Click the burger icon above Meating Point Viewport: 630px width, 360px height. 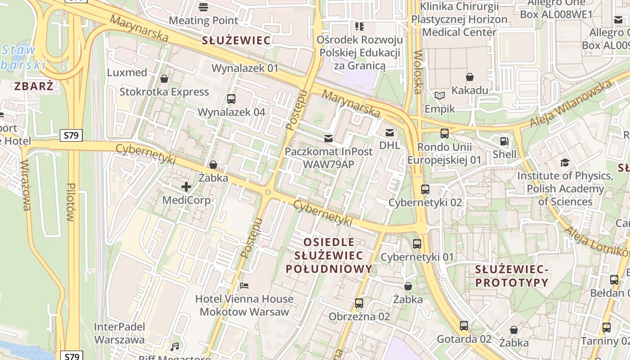[x=203, y=7]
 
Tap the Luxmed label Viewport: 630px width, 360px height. [x=127, y=72]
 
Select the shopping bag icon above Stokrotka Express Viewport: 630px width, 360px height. [x=164, y=79]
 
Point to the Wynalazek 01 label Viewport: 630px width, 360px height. [x=245, y=68]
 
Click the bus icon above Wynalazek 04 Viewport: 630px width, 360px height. [x=231, y=99]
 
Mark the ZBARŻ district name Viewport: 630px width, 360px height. [x=34, y=86]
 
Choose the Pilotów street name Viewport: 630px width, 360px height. [x=70, y=202]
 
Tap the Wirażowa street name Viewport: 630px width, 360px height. [x=26, y=185]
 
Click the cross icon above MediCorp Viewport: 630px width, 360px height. [x=186, y=186]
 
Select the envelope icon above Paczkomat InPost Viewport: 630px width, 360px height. [x=328, y=138]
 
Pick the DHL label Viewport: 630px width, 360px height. [x=390, y=145]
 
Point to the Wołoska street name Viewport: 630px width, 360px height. [x=418, y=72]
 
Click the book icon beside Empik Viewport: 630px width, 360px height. [x=440, y=95]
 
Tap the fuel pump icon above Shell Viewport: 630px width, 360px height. [x=504, y=141]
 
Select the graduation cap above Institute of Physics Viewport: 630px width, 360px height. [x=565, y=162]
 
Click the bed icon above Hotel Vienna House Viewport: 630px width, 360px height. [x=244, y=285]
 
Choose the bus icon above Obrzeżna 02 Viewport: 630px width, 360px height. [x=359, y=303]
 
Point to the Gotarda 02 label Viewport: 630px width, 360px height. [x=464, y=339]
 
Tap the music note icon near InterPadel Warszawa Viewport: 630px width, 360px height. [x=175, y=347]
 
